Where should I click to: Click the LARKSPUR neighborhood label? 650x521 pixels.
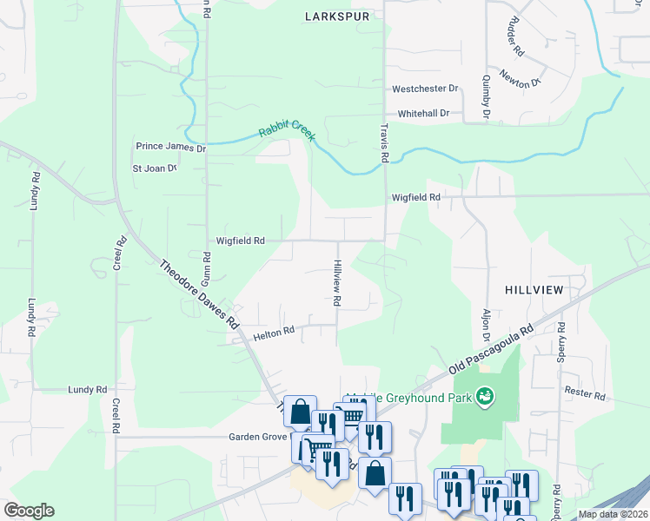[x=338, y=16]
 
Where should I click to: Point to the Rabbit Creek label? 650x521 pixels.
[x=287, y=132]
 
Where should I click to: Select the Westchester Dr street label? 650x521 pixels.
[x=425, y=89]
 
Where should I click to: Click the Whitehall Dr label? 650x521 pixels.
[x=423, y=114]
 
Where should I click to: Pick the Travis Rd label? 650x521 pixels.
[x=383, y=142]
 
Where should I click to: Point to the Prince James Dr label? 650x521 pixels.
[x=170, y=148]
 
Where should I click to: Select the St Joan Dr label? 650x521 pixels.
[x=154, y=168]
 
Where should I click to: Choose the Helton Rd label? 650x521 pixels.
[x=274, y=331]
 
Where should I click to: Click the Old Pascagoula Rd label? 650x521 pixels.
[x=491, y=351]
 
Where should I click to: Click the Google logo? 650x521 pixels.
[x=29, y=511]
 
